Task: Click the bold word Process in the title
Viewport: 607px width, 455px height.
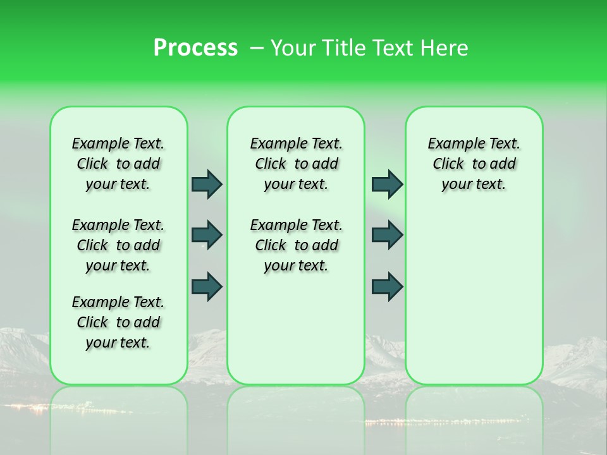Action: click(x=195, y=48)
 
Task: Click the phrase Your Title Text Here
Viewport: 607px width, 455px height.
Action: click(x=369, y=48)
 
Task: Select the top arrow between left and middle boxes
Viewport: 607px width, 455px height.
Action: click(x=207, y=184)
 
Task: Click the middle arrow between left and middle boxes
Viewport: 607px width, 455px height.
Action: click(x=207, y=235)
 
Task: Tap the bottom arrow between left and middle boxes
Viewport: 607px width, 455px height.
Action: click(x=207, y=287)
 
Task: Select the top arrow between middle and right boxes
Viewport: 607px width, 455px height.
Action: click(x=387, y=184)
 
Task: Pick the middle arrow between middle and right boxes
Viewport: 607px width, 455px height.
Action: click(x=387, y=235)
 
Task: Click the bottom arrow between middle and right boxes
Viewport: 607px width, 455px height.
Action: click(x=387, y=287)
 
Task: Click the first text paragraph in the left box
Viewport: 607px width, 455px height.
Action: click(x=118, y=164)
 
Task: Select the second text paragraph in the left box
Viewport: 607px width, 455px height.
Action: click(x=118, y=245)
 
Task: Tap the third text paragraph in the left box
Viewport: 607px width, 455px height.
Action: click(x=118, y=322)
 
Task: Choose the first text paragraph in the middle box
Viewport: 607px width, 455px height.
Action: click(x=296, y=164)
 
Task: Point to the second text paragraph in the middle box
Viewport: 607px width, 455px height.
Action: click(x=296, y=245)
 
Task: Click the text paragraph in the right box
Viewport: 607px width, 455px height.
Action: click(x=474, y=164)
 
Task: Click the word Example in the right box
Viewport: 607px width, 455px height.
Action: click(x=452, y=144)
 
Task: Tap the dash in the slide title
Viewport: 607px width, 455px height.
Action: click(x=256, y=48)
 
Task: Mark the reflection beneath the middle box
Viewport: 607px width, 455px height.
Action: click(x=296, y=417)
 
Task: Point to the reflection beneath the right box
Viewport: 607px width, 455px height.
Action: click(x=474, y=417)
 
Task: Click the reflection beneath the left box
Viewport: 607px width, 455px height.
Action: click(x=118, y=417)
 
